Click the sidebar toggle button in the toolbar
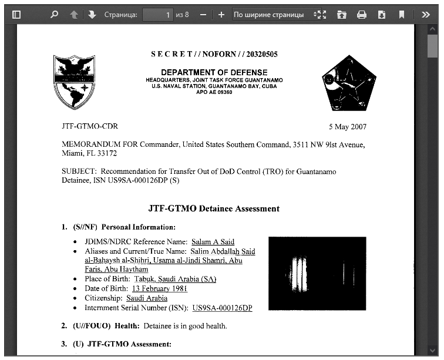click(16, 15)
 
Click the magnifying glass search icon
click(54, 15)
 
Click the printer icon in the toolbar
click(362, 15)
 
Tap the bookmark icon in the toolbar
click(402, 15)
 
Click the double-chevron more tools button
click(426, 15)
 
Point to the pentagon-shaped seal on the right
click(348, 83)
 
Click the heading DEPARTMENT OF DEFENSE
click(214, 72)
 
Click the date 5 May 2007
click(348, 126)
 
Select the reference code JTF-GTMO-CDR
click(90, 126)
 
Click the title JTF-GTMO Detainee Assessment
click(214, 208)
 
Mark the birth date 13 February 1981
click(160, 288)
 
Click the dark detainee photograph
click(317, 273)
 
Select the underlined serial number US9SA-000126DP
click(222, 308)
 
